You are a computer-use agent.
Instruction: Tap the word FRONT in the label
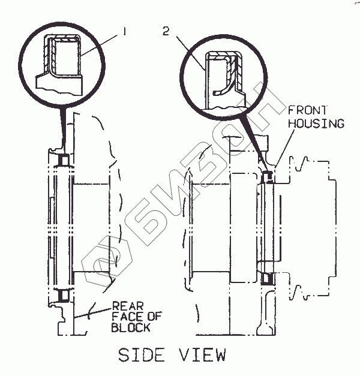307,110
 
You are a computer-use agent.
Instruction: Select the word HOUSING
316,124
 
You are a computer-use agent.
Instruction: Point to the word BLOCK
130,328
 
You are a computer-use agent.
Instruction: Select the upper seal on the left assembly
62,160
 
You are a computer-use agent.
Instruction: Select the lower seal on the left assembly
62,294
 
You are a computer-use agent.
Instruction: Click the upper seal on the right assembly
268,175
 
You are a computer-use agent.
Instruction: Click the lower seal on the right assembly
268,278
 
